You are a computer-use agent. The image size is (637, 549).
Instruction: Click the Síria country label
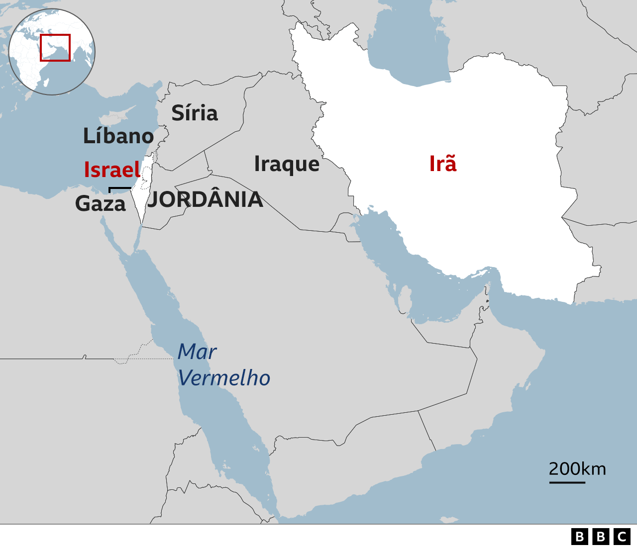195,113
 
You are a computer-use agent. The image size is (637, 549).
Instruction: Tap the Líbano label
118,136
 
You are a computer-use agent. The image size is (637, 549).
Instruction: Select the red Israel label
112,170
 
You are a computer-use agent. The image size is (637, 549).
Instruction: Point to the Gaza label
101,203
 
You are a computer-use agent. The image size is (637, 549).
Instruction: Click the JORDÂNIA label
205,200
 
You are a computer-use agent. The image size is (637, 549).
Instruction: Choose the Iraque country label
287,164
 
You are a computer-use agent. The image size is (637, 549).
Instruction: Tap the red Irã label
442,164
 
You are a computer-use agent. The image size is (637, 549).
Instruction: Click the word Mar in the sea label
197,352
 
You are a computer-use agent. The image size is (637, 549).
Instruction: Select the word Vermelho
224,378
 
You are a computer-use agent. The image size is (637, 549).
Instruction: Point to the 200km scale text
577,468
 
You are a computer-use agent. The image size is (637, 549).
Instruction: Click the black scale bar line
567,482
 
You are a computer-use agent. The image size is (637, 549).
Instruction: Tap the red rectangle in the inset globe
55,48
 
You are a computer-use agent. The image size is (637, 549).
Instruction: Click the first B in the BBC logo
579,537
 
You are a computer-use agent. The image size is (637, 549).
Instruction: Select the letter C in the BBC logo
622,537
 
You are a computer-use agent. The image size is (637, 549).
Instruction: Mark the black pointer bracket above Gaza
119,189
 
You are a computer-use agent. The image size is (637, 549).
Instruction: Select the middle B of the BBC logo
601,537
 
